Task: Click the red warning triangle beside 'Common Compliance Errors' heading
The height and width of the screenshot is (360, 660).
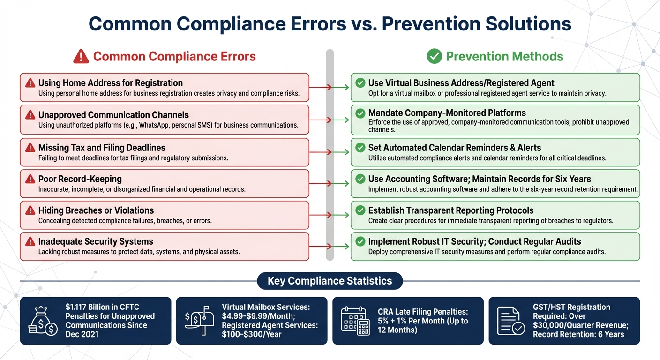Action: click(81, 57)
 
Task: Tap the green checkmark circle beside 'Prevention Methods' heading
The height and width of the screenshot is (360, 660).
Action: click(434, 57)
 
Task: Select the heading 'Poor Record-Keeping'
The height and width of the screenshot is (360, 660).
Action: click(80, 179)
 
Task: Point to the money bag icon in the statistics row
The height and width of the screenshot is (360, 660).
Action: click(43, 321)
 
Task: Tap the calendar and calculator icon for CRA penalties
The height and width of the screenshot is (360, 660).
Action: click(354, 321)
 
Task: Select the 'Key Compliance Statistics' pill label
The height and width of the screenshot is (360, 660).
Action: click(330, 281)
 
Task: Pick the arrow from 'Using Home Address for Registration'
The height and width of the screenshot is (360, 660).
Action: click(330, 87)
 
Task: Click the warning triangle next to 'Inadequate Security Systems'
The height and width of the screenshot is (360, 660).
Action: click(30, 242)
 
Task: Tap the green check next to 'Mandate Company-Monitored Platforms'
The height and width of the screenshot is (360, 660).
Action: click(360, 113)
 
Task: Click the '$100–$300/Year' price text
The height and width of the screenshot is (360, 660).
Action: click(252, 334)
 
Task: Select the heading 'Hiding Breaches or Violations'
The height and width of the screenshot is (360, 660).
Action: click(96, 210)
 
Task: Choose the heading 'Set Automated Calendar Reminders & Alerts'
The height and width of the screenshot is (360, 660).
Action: click(454, 148)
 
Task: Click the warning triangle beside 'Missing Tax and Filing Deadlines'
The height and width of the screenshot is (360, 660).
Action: click(30, 148)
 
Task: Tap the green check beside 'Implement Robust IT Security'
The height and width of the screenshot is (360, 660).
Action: click(360, 242)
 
